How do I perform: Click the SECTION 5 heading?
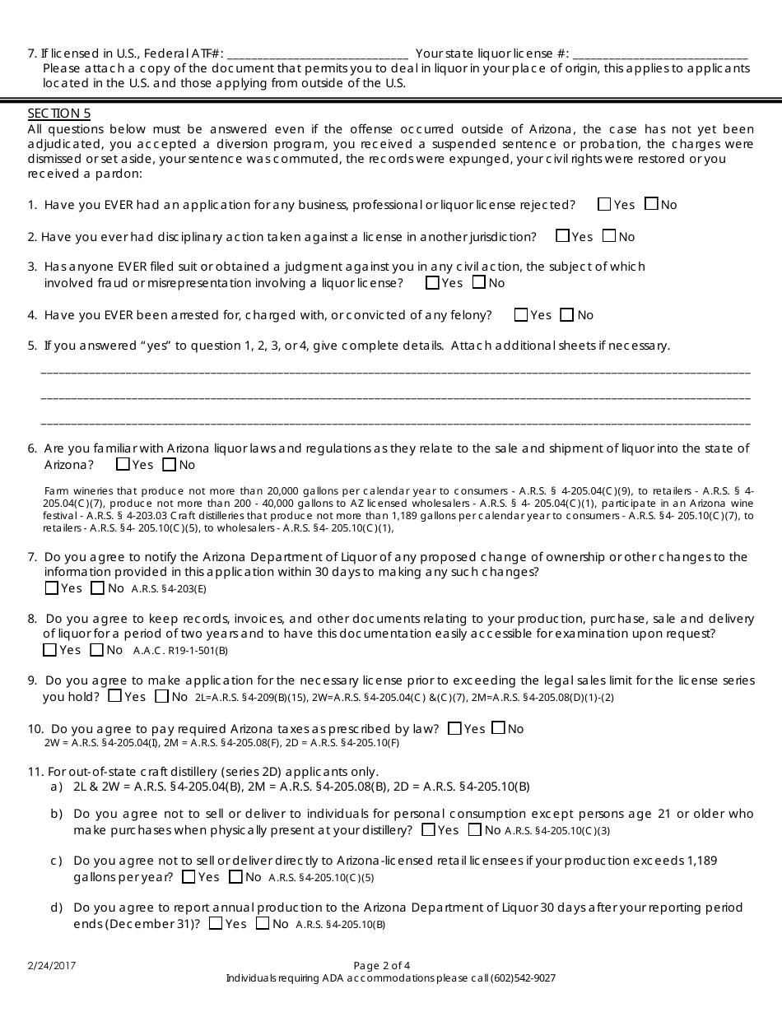coord(59,114)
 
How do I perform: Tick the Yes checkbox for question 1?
coord(605,204)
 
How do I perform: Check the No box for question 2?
coord(609,236)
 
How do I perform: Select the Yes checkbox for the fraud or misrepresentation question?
coord(432,282)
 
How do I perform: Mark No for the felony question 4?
coord(567,314)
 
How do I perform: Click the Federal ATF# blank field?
coord(317,54)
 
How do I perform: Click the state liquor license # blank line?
coord(659,54)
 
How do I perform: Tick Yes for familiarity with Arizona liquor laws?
coord(123,464)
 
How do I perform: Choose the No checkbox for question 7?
coord(98,587)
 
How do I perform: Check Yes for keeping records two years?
coord(50,650)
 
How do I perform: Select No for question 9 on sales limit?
coord(161,697)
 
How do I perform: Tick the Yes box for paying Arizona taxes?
coord(454,727)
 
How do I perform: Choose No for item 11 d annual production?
coord(263,923)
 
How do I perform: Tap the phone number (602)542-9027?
coord(523,978)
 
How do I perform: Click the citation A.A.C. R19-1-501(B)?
coord(180,651)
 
